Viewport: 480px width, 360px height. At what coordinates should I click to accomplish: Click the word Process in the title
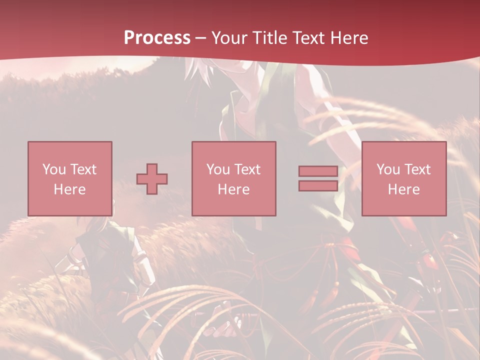point(157,38)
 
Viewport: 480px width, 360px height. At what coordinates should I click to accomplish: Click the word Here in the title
point(350,38)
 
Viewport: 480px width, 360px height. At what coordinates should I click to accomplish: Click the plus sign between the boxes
point(152,178)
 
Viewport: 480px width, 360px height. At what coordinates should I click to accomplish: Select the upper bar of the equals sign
point(318,171)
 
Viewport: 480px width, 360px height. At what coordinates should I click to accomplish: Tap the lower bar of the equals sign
point(318,185)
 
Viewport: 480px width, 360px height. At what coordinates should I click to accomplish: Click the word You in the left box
point(54,169)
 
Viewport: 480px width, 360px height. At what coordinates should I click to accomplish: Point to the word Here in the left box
point(69,189)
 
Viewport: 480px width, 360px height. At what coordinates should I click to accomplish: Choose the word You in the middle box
point(218,169)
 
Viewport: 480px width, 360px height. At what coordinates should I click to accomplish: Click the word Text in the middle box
point(247,169)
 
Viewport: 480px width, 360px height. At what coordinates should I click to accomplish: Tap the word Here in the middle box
point(233,189)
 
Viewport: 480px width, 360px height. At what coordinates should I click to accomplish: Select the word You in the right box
point(388,169)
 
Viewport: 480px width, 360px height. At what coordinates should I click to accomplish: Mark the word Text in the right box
point(417,169)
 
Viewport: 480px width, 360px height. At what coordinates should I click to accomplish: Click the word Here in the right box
point(403,189)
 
